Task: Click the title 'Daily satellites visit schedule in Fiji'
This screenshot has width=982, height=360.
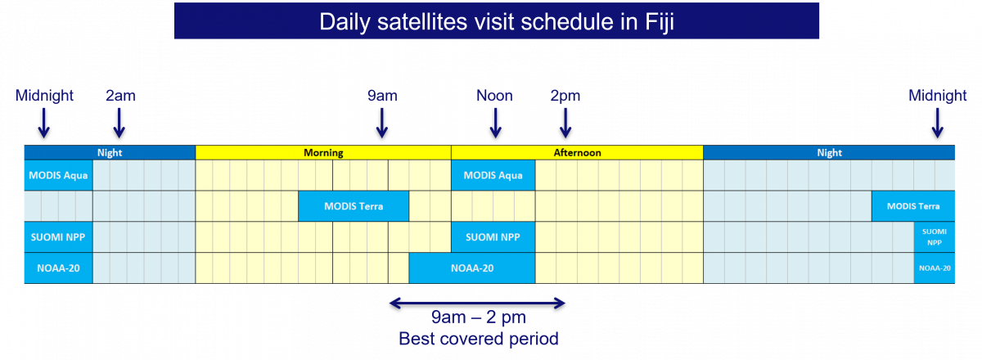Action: pos(496,21)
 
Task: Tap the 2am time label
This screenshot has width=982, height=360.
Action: pos(120,96)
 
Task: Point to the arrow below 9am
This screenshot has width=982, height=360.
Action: pos(382,124)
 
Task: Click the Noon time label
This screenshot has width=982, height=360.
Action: pos(494,96)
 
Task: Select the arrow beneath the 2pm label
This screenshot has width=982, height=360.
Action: pos(565,124)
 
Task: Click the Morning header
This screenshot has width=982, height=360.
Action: pos(323,153)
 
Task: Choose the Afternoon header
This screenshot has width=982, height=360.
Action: pos(578,153)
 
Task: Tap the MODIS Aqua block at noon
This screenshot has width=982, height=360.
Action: pos(493,175)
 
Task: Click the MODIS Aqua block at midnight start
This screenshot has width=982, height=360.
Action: pos(58,175)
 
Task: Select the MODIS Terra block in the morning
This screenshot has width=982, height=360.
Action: pos(354,206)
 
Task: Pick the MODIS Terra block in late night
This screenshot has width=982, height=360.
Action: pos(913,206)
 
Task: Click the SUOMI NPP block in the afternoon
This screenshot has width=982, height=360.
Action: pos(493,237)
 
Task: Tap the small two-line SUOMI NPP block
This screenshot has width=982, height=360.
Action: pos(935,237)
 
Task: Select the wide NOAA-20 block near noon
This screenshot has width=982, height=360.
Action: pos(472,268)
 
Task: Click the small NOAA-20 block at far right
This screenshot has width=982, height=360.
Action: pos(935,268)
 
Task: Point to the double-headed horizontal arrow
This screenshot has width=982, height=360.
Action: pos(477,303)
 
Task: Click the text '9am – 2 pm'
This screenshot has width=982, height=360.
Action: pos(478,317)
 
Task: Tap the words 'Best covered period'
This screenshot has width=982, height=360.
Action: pos(478,339)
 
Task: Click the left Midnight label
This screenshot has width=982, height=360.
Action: pos(44,96)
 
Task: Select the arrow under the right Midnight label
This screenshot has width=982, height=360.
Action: pos(937,124)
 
